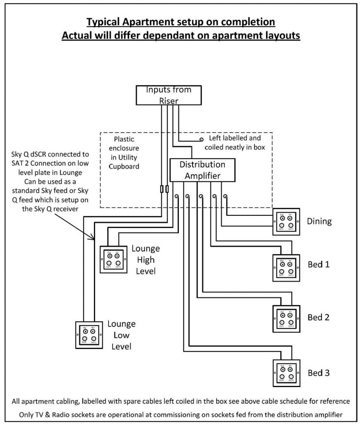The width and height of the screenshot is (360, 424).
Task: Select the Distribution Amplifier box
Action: coord(203,170)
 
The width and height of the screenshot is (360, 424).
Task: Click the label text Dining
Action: coord(319,222)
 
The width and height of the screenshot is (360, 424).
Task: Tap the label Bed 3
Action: coord(319,373)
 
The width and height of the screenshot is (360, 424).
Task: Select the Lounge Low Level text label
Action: coord(121,335)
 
